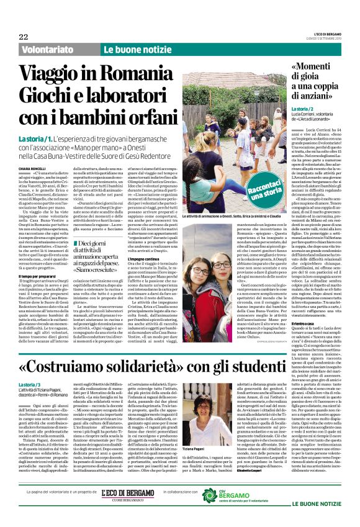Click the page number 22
(23, 37)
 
